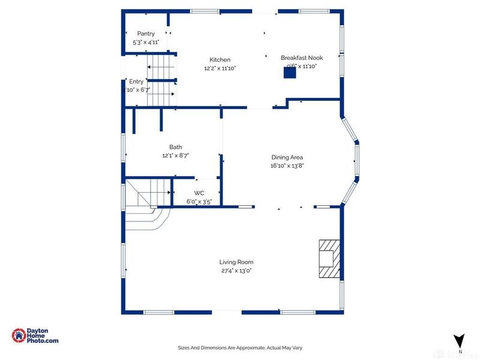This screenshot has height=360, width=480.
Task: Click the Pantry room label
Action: pyautogui.click(x=146, y=34)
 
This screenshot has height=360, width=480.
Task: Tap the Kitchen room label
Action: pyautogui.click(x=220, y=59)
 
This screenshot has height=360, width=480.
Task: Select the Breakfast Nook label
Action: pyautogui.click(x=302, y=58)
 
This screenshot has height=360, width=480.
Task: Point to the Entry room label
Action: pyautogui.click(x=136, y=81)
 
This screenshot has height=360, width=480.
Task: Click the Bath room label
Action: pyautogui.click(x=175, y=146)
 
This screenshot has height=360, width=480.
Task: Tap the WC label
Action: pyautogui.click(x=199, y=193)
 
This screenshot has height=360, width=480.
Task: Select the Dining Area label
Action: pyautogui.click(x=287, y=157)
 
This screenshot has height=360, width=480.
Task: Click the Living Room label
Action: pyautogui.click(x=236, y=262)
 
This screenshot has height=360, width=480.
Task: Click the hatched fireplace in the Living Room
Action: pyautogui.click(x=328, y=258)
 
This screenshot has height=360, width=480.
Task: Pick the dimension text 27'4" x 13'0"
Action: pyautogui.click(x=236, y=271)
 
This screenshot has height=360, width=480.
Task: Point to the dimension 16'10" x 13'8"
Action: pyautogui.click(x=287, y=166)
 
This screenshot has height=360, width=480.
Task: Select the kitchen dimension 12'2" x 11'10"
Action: pyautogui.click(x=220, y=68)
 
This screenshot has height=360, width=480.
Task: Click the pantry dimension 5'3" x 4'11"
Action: pyautogui.click(x=146, y=43)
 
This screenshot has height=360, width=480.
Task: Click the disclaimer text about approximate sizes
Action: pyautogui.click(x=240, y=347)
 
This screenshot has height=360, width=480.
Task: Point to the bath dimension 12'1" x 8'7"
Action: pyautogui.click(x=175, y=155)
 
